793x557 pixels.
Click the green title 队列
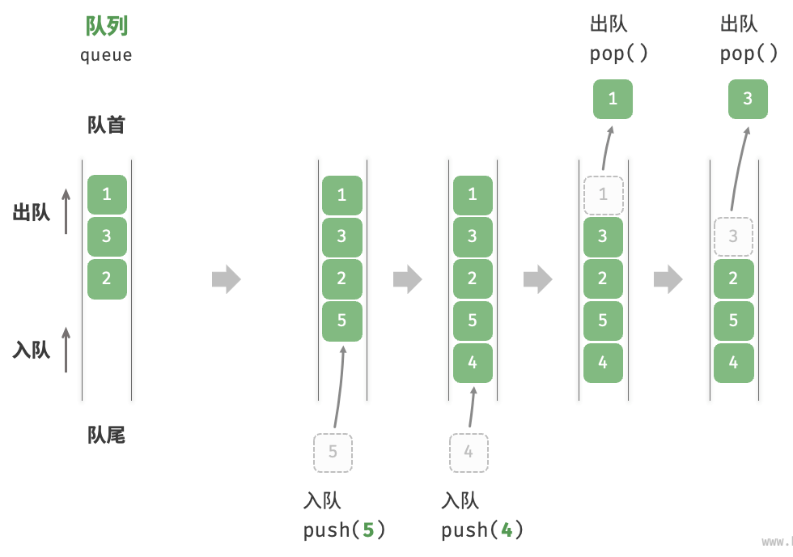[106, 26]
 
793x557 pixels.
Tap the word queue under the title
[106, 54]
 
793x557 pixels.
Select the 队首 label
[106, 125]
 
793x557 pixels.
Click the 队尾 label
[106, 435]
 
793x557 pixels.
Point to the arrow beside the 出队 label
[66, 211]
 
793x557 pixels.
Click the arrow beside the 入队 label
[66, 350]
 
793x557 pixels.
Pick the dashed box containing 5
[333, 453]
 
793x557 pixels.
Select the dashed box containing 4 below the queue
[469, 453]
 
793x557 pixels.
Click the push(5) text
[344, 529]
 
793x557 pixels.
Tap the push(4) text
[482, 529]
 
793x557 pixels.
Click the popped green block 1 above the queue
[613, 99]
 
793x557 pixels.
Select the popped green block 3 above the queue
[748, 99]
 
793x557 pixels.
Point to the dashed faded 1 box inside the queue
[604, 195]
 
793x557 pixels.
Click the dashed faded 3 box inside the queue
[733, 236]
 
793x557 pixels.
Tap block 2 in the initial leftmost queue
[107, 279]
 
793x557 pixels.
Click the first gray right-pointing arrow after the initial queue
[226, 278]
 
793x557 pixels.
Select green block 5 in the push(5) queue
[341, 321]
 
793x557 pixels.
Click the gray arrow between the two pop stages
[668, 278]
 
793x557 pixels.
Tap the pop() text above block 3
[748, 53]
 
